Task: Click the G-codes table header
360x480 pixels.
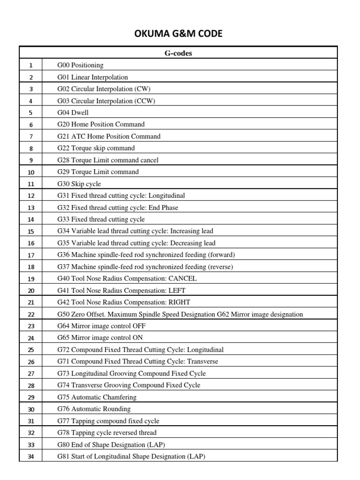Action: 178,53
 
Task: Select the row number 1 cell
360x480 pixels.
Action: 31,66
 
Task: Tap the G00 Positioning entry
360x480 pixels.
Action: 80,65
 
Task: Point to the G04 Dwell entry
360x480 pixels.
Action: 73,112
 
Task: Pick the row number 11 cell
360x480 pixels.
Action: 31,184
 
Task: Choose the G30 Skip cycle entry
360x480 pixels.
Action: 79,184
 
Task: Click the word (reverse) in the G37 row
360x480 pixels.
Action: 219,267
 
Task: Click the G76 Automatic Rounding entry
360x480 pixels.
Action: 94,409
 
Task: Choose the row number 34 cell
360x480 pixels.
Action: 31,457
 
